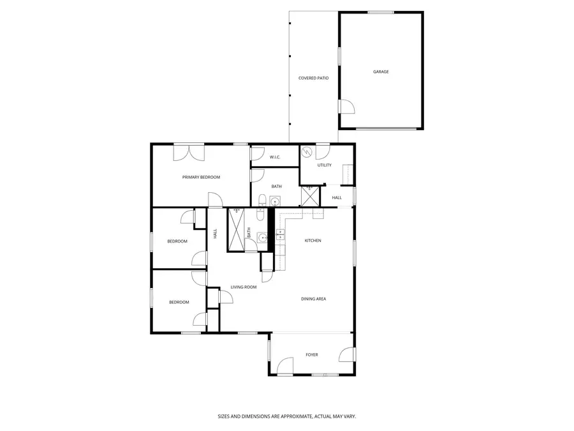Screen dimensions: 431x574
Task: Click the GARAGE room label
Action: point(381,72)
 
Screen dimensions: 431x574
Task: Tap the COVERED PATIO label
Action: point(313,79)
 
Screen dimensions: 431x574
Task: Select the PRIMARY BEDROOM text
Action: point(201,177)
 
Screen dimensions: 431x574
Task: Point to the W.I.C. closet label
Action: point(275,157)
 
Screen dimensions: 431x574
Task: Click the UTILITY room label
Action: point(325,165)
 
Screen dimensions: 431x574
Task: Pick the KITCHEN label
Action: point(313,241)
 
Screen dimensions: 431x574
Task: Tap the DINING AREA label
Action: point(314,299)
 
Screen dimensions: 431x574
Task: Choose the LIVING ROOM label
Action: point(244,287)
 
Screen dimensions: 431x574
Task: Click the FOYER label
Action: point(311,355)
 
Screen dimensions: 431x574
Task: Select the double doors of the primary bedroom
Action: point(189,152)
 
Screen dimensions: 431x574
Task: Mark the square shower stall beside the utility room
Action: point(311,195)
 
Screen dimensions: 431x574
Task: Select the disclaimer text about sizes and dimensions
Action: point(286,416)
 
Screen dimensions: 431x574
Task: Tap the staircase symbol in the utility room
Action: point(348,174)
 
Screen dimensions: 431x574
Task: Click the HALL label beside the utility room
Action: point(337,197)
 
